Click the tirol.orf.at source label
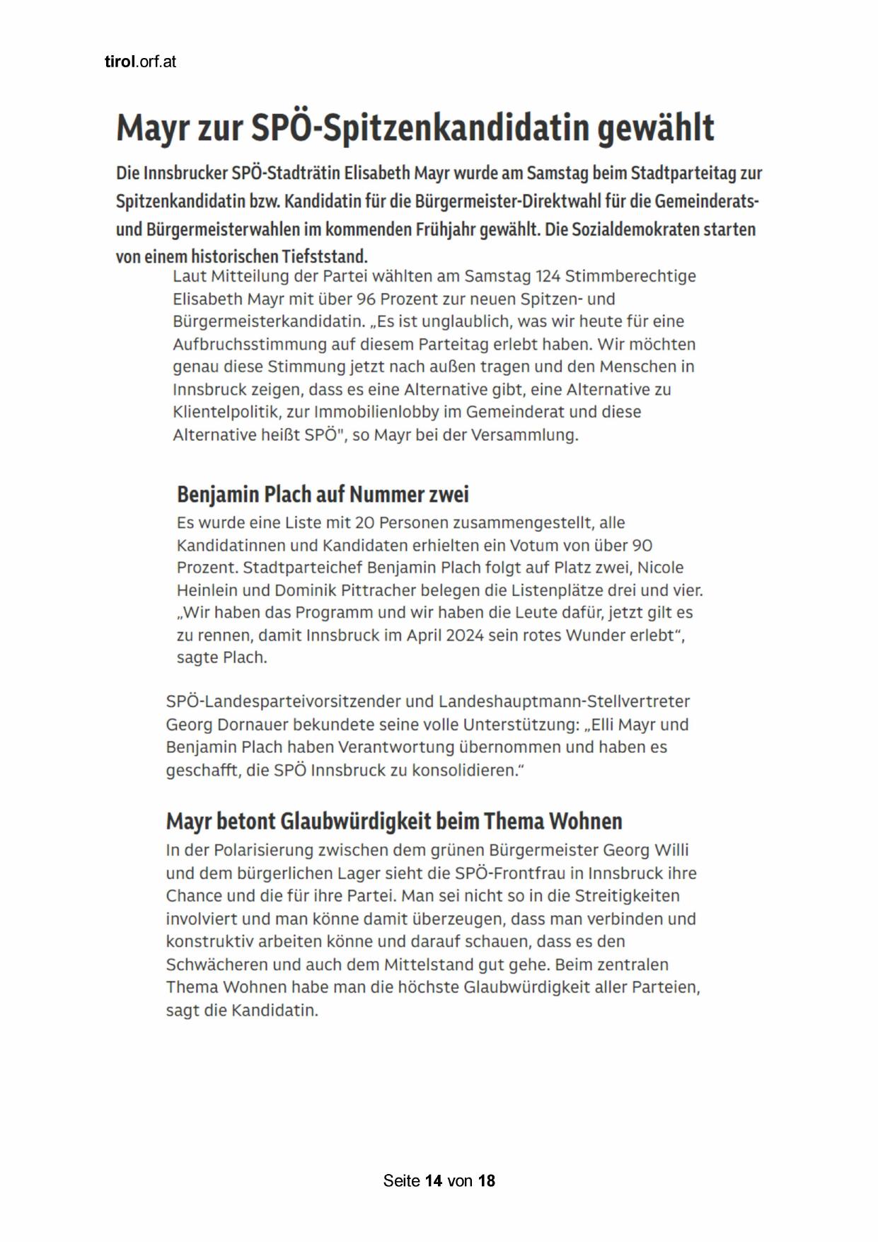[140, 62]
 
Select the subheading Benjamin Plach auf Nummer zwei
[323, 494]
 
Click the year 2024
[465, 636]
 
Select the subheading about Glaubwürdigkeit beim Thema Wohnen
[394, 821]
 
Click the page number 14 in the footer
[434, 1180]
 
